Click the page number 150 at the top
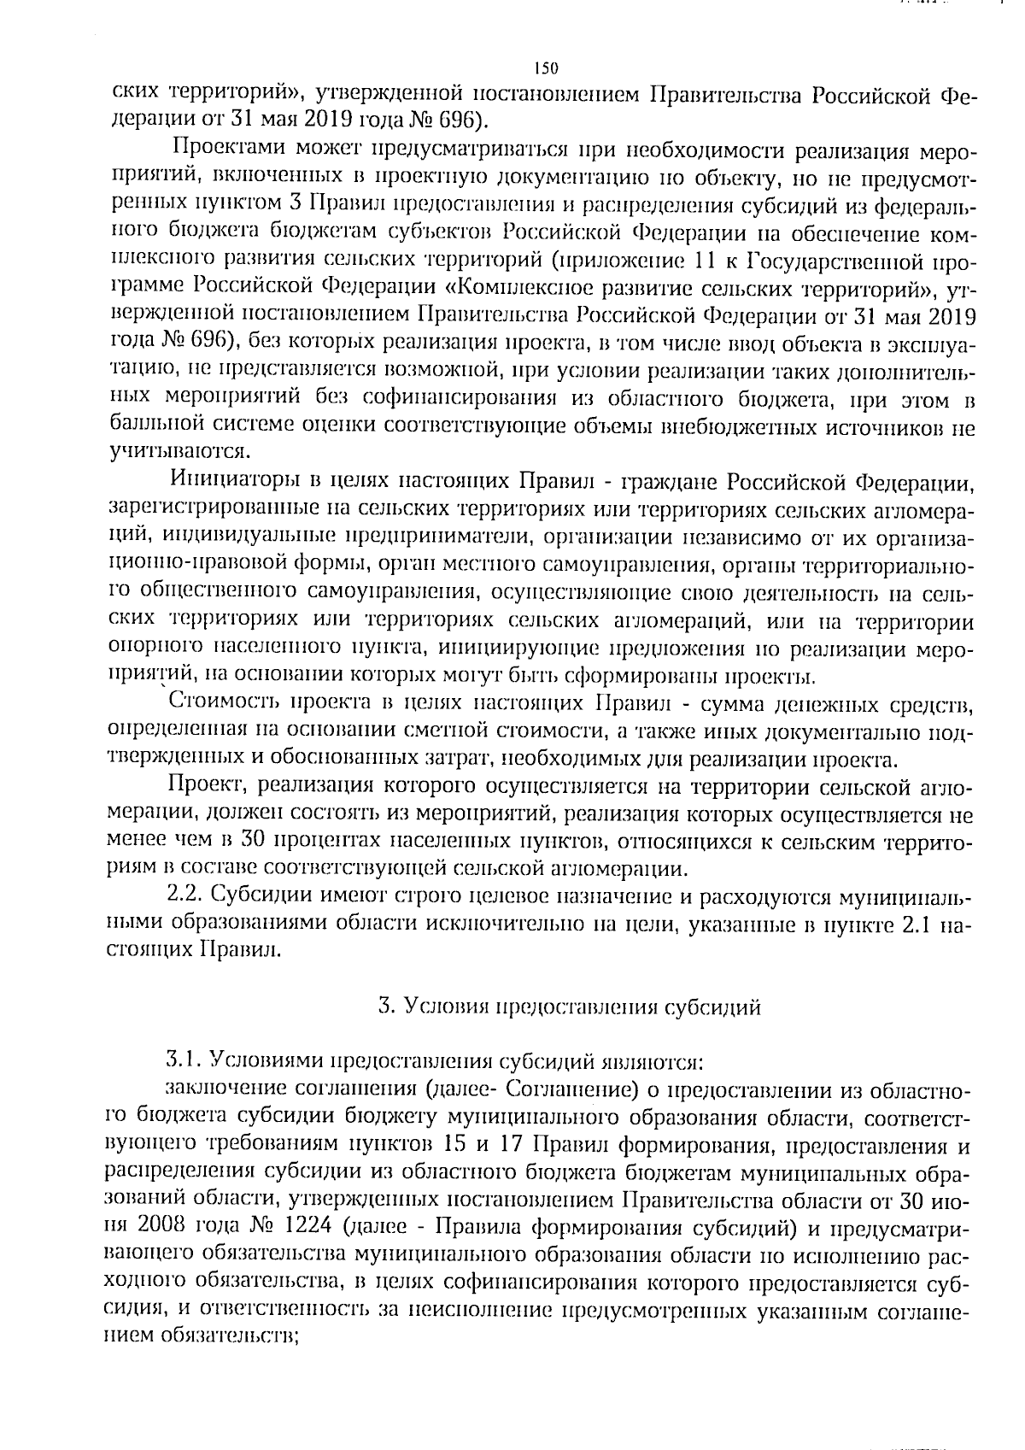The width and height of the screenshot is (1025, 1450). pos(545,68)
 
